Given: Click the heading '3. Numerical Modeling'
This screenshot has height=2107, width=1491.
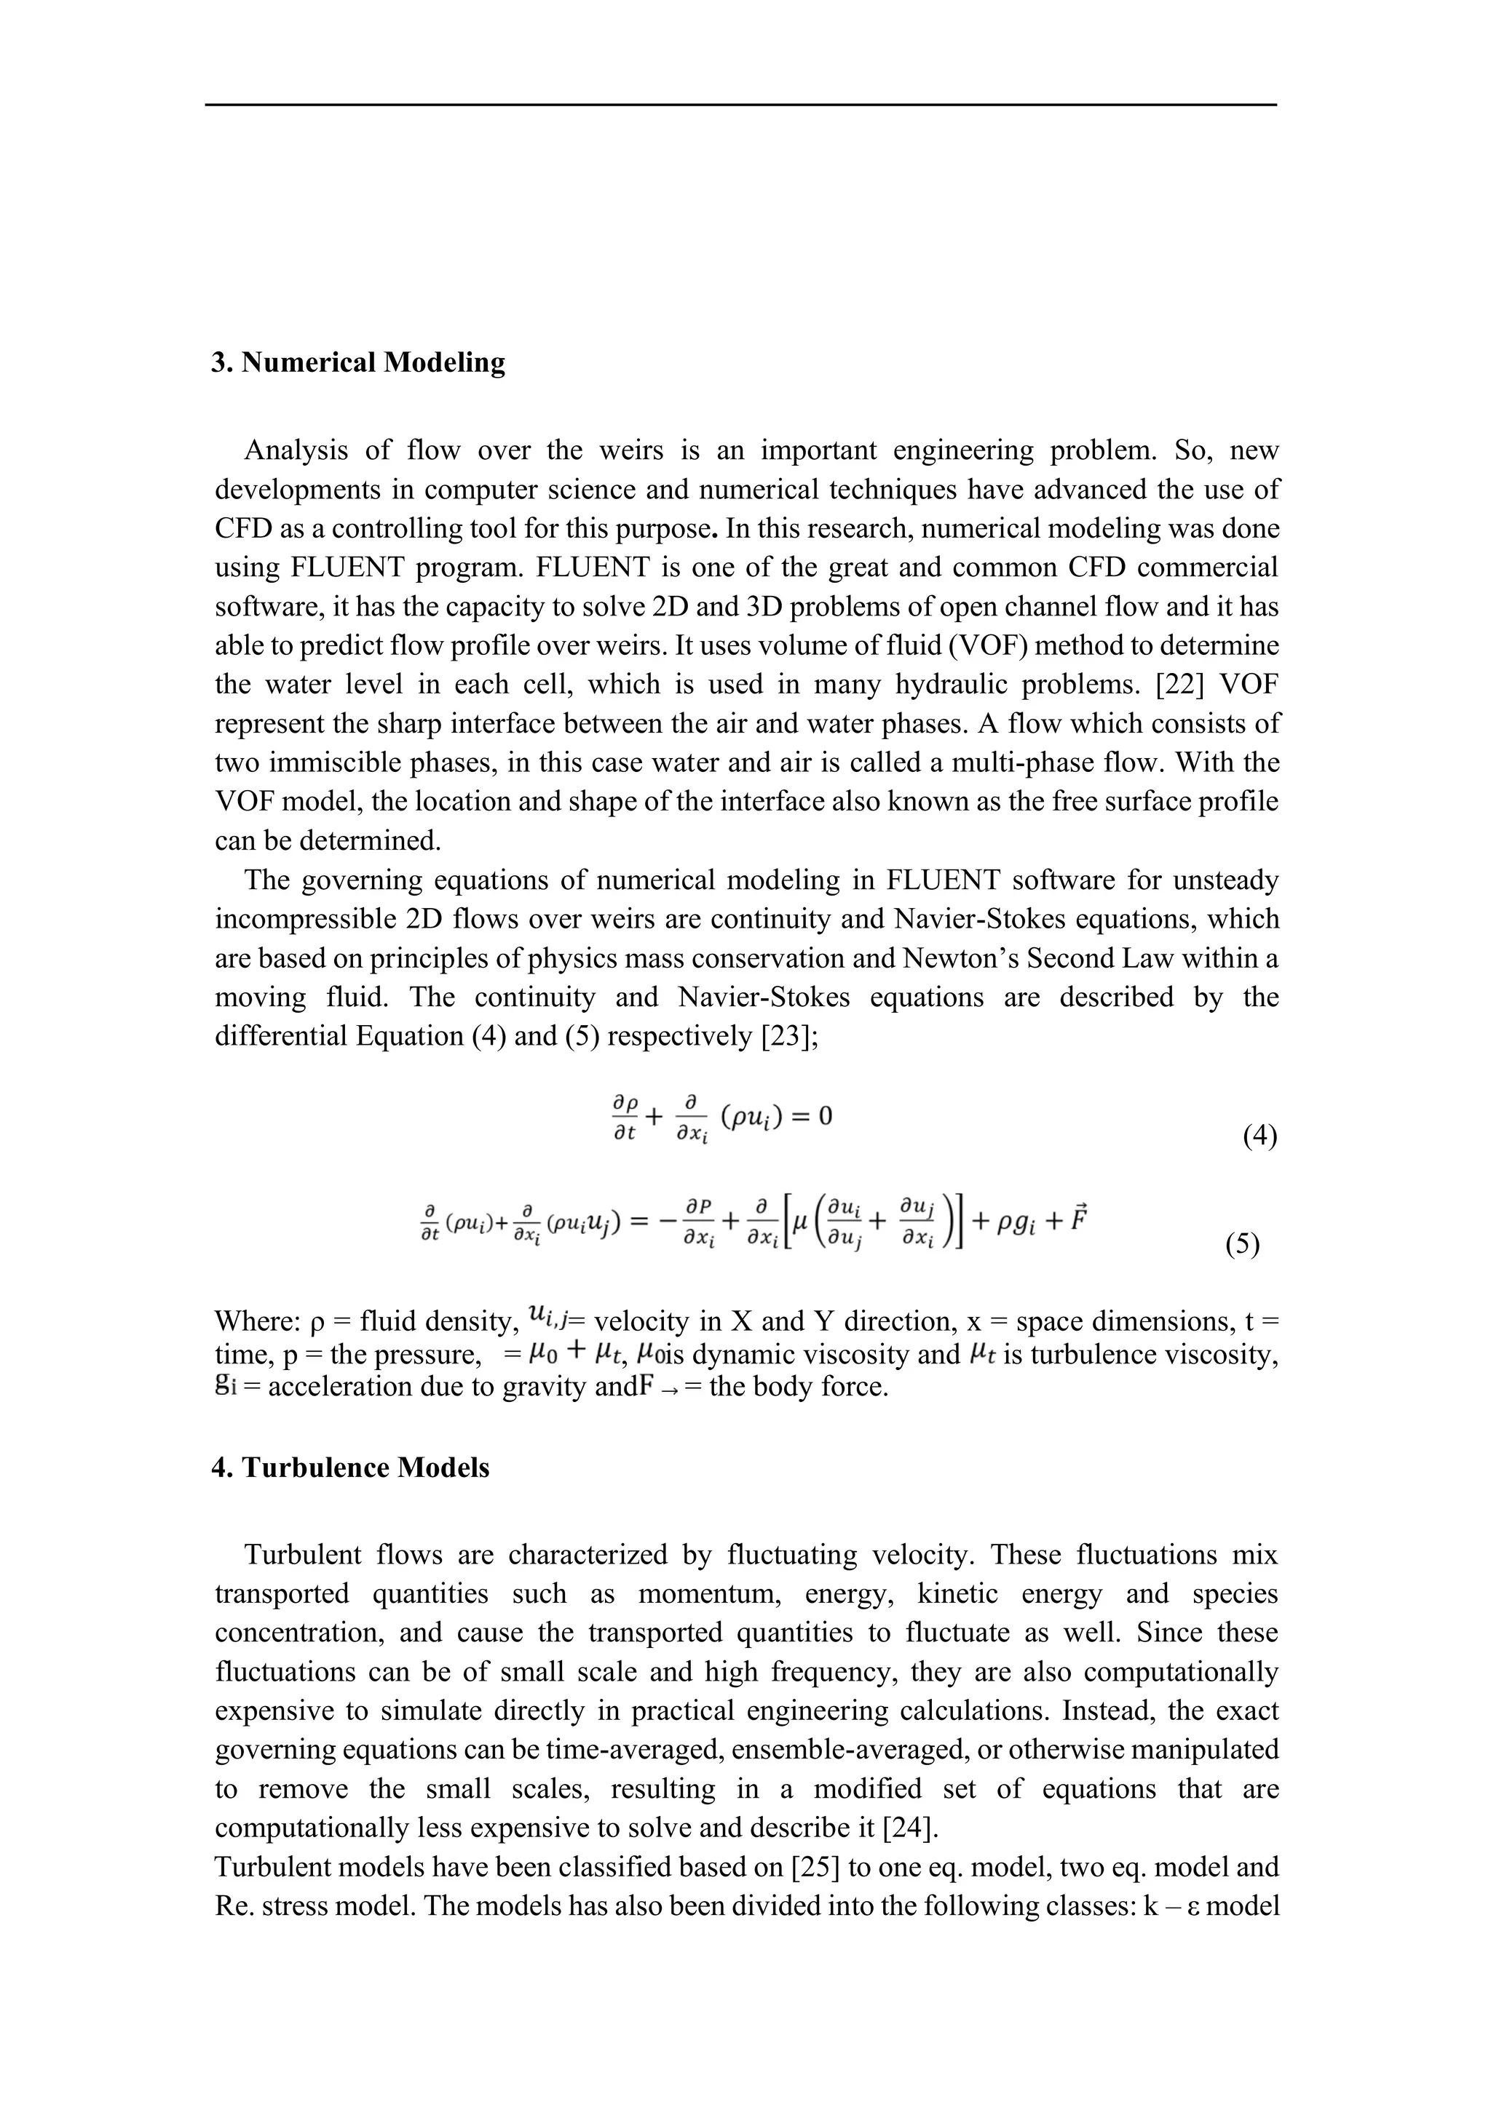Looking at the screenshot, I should point(358,362).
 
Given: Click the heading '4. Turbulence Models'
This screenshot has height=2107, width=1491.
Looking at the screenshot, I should point(351,1467).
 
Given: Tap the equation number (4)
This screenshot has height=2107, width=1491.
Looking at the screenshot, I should point(1259,1137).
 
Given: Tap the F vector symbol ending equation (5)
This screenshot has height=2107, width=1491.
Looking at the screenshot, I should point(1076,1221).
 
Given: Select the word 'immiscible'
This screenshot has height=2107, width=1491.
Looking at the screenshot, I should point(314,762).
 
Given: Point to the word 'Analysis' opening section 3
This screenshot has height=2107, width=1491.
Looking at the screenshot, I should point(296,450).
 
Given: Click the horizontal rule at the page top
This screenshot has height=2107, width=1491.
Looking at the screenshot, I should point(741,105).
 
